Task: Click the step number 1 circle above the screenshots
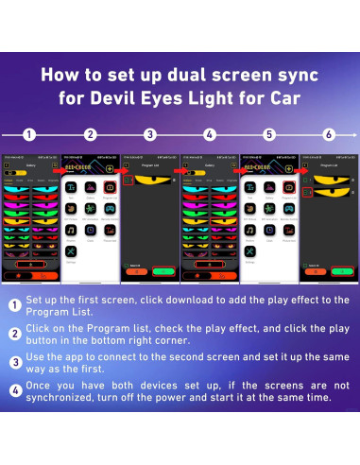pos(30,134)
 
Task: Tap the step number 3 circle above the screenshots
pos(150,134)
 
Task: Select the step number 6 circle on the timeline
pos(329,134)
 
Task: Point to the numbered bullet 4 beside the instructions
pos(16,389)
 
